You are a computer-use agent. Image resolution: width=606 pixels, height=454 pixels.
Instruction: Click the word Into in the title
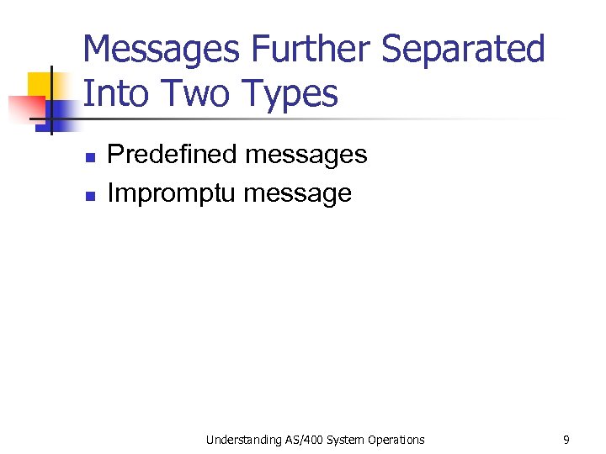113,93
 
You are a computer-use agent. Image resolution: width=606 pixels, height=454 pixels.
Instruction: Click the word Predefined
173,155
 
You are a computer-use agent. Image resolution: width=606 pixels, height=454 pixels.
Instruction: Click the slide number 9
566,439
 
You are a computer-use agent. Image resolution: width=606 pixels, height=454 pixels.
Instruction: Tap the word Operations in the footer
396,440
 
